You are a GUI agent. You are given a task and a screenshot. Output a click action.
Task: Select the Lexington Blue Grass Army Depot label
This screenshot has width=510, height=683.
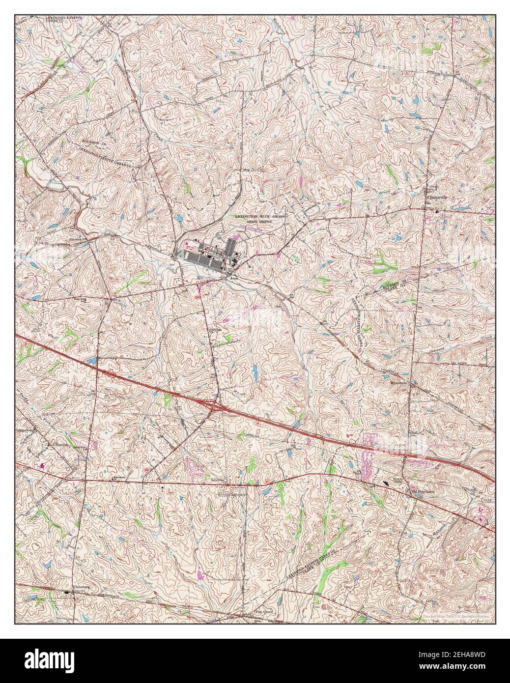tap(260, 219)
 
